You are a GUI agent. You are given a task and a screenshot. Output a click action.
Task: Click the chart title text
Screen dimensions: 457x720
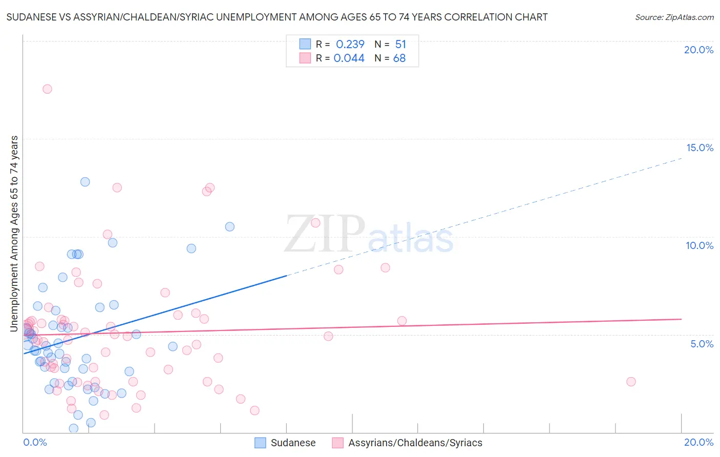[277, 17]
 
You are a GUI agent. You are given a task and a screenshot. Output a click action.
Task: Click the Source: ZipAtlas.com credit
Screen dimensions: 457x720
[674, 17]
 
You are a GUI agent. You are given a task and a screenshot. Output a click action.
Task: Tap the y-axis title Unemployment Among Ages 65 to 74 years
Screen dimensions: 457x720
[14, 233]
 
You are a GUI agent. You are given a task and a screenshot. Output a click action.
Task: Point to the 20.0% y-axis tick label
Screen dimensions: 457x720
[698, 50]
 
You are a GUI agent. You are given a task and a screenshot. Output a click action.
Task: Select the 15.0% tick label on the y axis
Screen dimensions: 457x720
[700, 148]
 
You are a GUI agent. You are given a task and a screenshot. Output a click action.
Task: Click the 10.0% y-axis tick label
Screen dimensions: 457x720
[700, 245]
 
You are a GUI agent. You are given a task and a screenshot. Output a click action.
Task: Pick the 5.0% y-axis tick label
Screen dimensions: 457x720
[702, 344]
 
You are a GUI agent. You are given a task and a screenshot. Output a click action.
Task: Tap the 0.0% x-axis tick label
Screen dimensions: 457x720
[35, 442]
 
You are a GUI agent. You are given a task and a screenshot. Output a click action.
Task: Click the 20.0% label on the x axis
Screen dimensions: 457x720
[698, 442]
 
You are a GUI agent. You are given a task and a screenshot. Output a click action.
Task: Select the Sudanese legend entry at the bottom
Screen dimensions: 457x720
[285, 443]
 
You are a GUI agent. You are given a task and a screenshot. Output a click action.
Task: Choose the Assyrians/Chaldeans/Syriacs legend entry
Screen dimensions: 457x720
[407, 443]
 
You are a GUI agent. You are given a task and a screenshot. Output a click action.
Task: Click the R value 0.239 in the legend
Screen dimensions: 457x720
[350, 44]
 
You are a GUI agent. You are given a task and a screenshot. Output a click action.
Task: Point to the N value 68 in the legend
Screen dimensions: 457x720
[399, 58]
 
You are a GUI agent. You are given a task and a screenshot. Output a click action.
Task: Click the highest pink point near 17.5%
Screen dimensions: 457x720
[47, 89]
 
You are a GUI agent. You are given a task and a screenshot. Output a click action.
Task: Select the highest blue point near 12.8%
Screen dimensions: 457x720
[85, 182]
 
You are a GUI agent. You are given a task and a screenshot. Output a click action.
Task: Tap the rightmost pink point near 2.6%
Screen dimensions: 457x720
[631, 382]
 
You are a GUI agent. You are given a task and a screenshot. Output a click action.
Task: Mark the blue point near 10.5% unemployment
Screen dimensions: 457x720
[230, 226]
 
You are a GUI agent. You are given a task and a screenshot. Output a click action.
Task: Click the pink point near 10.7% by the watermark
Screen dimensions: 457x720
[315, 223]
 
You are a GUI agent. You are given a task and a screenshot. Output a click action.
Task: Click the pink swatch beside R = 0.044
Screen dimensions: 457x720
[305, 58]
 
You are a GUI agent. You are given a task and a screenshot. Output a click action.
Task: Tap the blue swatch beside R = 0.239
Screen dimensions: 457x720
[305, 44]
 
